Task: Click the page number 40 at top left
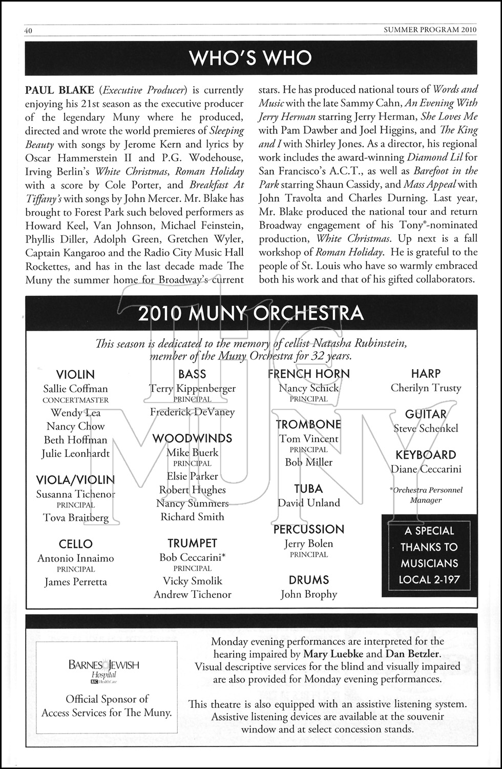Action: coord(29,30)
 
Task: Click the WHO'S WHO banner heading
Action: coord(250,57)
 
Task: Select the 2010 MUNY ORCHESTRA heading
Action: coord(250,313)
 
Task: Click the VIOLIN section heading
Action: coord(75,375)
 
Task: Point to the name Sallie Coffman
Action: coord(75,389)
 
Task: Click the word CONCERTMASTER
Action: coord(75,400)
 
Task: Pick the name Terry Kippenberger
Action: coord(192,388)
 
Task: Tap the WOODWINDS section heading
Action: coord(192,438)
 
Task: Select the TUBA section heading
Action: coord(308,489)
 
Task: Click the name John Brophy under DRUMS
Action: coord(308,594)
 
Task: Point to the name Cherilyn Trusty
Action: coord(426,388)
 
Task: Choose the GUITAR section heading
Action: coord(426,414)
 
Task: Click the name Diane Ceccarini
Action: coord(426,469)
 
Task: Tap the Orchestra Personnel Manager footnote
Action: coord(426,495)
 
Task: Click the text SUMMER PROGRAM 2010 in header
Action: coord(430,30)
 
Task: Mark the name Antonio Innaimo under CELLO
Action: coord(75,558)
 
